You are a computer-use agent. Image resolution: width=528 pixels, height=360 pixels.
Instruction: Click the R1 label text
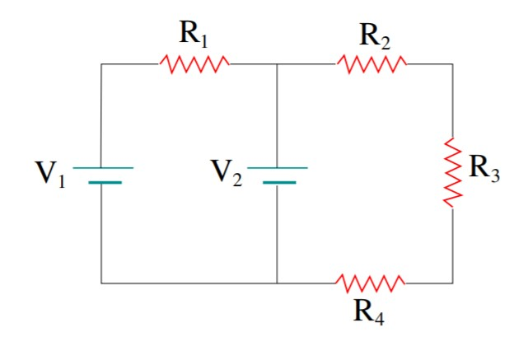(x=194, y=35)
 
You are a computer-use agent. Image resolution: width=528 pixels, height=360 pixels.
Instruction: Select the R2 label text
(x=375, y=35)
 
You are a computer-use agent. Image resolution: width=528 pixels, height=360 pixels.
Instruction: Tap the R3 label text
(x=484, y=168)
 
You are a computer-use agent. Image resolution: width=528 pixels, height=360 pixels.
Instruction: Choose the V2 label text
(x=226, y=174)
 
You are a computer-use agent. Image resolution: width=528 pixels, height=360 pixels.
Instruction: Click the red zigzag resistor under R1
(x=194, y=63)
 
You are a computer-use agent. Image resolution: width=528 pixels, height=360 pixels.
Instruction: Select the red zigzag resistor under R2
(x=371, y=63)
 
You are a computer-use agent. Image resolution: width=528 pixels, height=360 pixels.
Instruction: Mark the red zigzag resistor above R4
(x=371, y=283)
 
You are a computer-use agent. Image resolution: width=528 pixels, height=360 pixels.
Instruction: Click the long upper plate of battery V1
(x=102, y=167)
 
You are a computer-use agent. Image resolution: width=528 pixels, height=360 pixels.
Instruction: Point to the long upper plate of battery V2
(x=278, y=167)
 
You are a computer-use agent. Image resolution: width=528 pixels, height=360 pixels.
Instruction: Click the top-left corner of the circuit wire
(x=101, y=63)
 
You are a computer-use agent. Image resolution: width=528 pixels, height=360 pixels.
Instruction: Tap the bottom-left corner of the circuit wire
(x=101, y=283)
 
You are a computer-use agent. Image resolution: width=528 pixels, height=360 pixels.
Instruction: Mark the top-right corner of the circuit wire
(x=451, y=63)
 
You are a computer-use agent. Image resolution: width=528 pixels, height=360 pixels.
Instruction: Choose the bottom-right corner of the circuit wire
(x=451, y=283)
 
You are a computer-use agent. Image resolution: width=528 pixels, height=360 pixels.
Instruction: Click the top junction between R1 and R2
(x=278, y=63)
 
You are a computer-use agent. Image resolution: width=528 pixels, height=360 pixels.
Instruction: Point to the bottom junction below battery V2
(x=278, y=283)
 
